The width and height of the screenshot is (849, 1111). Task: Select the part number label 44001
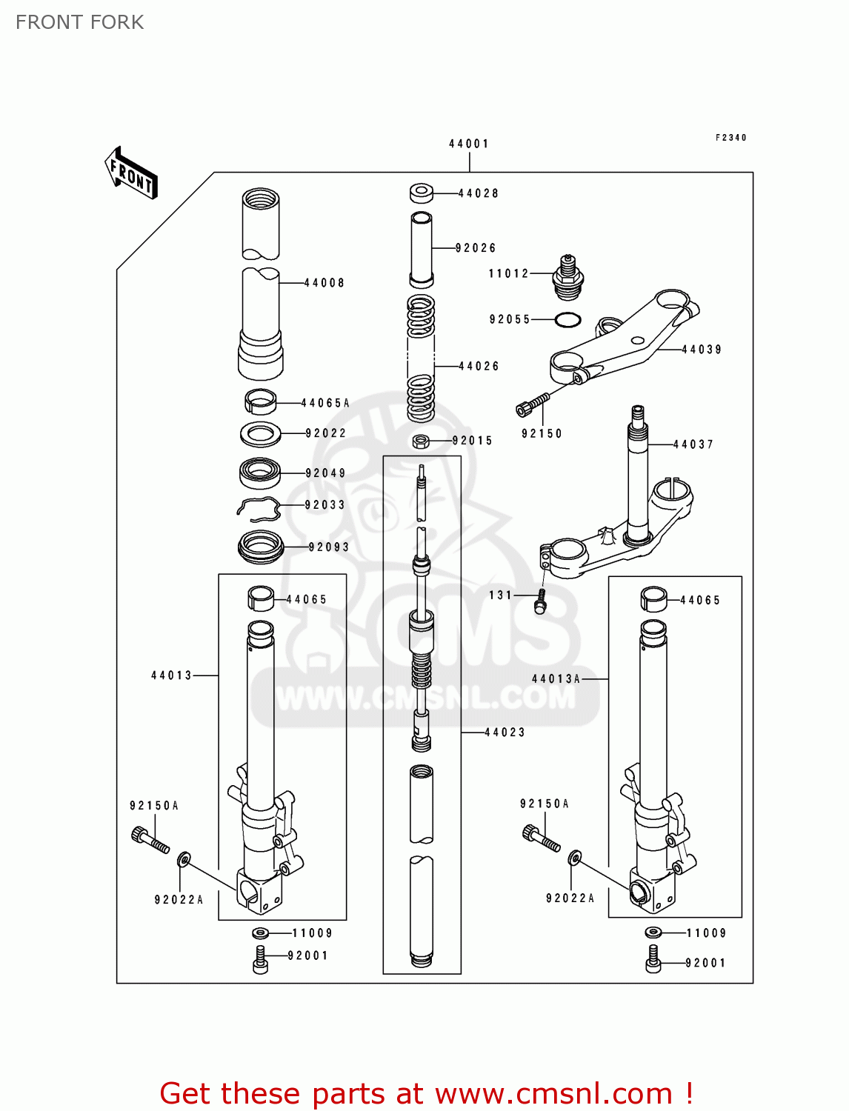(468, 144)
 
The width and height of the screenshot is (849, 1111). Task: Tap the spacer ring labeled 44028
(422, 193)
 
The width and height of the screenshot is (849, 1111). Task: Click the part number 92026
(476, 248)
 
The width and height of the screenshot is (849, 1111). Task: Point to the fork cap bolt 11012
(568, 276)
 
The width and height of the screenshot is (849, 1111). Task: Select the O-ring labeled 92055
(567, 320)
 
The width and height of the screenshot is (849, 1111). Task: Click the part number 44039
(702, 350)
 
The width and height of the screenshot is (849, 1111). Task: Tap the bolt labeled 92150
(532, 404)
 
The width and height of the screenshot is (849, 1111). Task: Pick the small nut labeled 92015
(421, 441)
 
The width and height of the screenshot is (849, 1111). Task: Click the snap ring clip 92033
(258, 509)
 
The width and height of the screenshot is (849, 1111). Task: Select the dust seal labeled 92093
(261, 547)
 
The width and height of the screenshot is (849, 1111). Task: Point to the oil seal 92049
(260, 473)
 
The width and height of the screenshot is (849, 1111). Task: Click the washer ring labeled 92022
(260, 434)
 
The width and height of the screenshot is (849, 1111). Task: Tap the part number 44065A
(325, 404)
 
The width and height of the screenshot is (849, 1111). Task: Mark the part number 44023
(505, 733)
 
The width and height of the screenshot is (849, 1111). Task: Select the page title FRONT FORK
(80, 22)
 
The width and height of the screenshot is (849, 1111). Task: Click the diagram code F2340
(731, 138)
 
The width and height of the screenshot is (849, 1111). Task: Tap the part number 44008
(324, 283)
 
